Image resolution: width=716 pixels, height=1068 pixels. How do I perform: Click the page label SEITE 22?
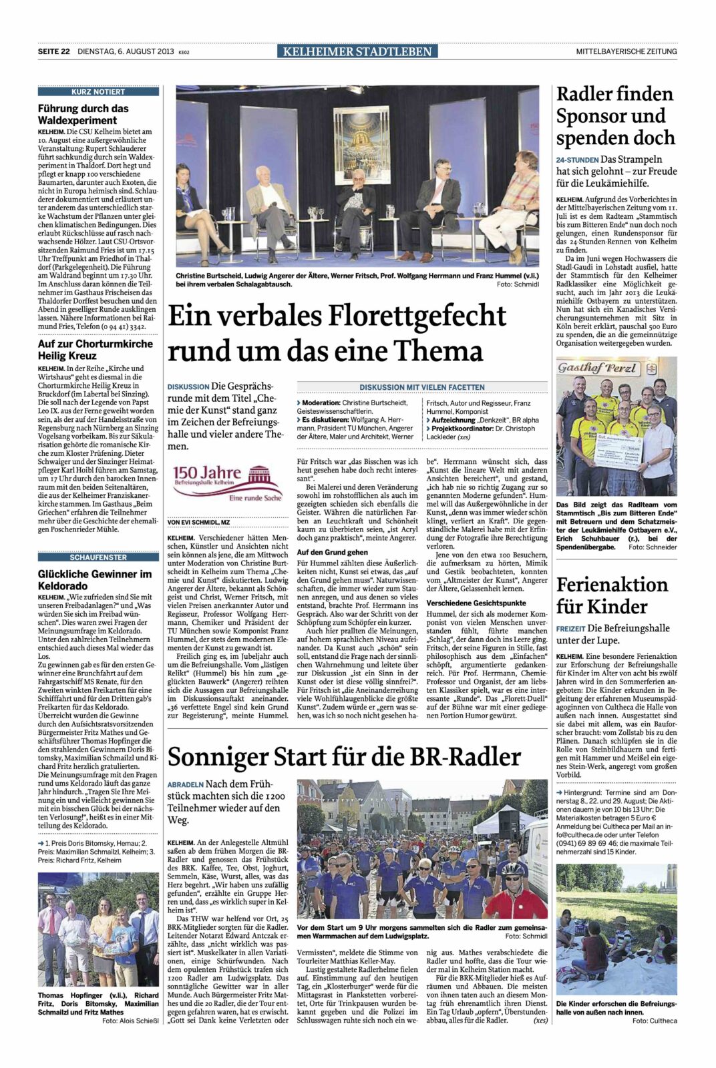tap(53, 51)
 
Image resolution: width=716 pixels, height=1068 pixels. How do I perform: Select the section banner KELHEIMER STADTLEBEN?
tap(357, 51)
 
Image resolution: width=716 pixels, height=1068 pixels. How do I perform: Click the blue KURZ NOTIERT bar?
tap(98, 91)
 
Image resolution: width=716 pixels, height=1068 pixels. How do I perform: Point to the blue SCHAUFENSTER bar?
tap(98, 557)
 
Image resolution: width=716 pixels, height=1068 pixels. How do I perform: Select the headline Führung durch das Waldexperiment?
tap(83, 114)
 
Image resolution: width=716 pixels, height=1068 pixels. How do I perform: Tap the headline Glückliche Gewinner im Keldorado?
tap(95, 580)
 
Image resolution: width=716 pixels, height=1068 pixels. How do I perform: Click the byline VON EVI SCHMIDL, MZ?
tap(198, 521)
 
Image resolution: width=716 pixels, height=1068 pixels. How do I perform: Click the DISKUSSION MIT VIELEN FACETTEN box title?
tap(421, 387)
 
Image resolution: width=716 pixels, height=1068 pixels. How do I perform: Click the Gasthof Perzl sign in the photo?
tap(589, 368)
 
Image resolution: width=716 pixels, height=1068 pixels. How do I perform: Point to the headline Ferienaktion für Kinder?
tap(611, 595)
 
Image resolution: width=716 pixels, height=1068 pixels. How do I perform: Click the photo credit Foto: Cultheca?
tap(655, 1021)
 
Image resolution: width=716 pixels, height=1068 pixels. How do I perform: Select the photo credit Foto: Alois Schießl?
tap(130, 1021)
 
